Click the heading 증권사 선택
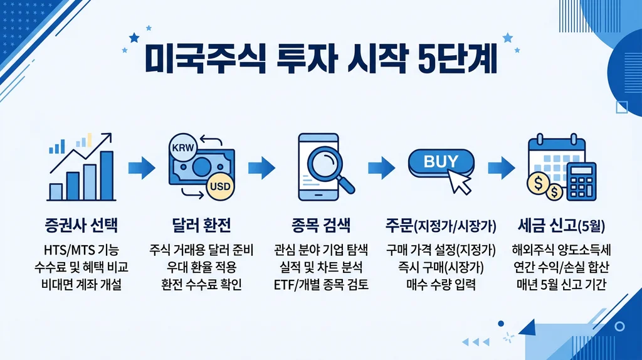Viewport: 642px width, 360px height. [x=82, y=224]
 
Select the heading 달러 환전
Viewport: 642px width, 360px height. [x=201, y=224]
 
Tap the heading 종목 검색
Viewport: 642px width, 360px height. [x=320, y=224]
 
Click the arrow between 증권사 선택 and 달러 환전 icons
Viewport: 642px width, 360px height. [x=141, y=167]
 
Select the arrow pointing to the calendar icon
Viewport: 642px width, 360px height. [x=501, y=167]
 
